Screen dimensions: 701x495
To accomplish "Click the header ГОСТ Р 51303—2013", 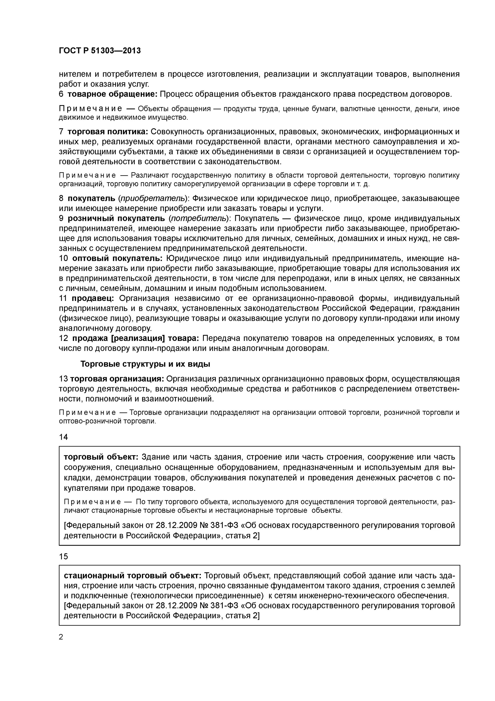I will tap(100, 51).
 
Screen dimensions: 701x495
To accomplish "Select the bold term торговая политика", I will tap(108, 132).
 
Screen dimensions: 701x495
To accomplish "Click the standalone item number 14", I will tap(63, 437).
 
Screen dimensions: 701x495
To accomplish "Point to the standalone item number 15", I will tap(63, 557).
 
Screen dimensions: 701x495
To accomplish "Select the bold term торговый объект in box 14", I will tap(101, 457).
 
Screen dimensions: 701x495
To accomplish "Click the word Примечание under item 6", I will tap(90, 109).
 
